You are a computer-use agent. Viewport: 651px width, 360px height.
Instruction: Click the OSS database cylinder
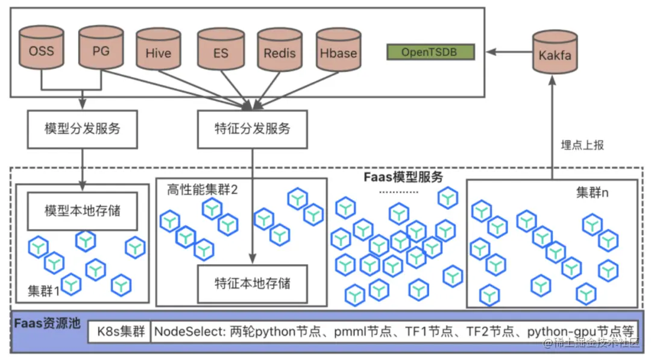pyautogui.click(x=42, y=49)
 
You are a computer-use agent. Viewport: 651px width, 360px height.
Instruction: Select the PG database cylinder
pyautogui.click(x=101, y=49)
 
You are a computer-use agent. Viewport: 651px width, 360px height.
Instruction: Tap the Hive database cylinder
pyautogui.click(x=159, y=52)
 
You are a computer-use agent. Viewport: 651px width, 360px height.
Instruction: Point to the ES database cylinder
pyautogui.click(x=221, y=52)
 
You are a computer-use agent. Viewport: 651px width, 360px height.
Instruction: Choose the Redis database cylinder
pyautogui.click(x=280, y=52)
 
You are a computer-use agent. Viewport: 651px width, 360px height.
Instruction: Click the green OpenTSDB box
pyautogui.click(x=430, y=52)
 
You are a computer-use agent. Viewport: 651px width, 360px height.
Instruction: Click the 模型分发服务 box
pyautogui.click(x=83, y=129)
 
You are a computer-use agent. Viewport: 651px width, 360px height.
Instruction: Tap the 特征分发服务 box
pyautogui.click(x=253, y=129)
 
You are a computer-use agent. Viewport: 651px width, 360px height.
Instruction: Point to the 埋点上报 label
pyautogui.click(x=582, y=145)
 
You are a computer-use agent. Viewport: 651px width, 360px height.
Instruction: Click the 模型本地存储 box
pyautogui.click(x=83, y=211)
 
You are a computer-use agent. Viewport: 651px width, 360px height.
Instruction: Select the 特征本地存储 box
pyautogui.click(x=253, y=282)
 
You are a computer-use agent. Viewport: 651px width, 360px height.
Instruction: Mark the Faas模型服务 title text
pyautogui.click(x=403, y=177)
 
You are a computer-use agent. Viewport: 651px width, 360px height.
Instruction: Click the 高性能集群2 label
pyautogui.click(x=203, y=189)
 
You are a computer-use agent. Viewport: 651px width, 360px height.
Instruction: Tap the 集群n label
pyautogui.click(x=593, y=193)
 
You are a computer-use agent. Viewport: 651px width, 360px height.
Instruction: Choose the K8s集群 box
pyautogui.click(x=119, y=332)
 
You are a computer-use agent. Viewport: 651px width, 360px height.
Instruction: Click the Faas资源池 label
pyautogui.click(x=47, y=323)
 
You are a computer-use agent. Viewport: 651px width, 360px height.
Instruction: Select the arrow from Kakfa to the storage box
pyautogui.click(x=509, y=52)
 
